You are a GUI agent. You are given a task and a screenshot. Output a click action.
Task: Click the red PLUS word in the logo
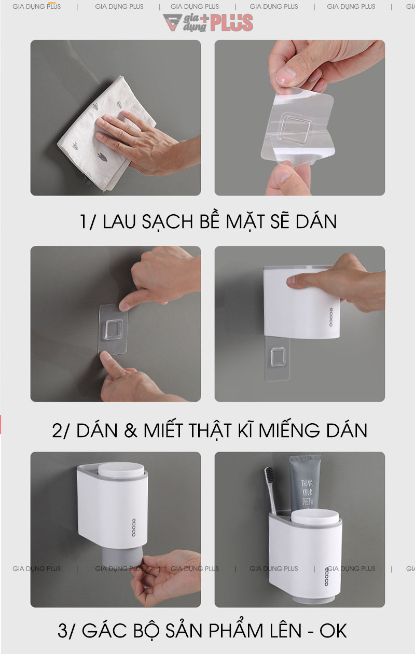[x=232, y=23]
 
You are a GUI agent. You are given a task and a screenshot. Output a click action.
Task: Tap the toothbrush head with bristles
[x=270, y=480]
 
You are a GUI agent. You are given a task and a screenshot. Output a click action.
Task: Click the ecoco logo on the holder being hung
[x=330, y=317]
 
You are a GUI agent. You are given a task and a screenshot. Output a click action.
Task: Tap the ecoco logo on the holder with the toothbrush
[x=327, y=576]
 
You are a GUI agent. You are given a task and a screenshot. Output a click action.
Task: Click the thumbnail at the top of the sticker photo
[x=285, y=76]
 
